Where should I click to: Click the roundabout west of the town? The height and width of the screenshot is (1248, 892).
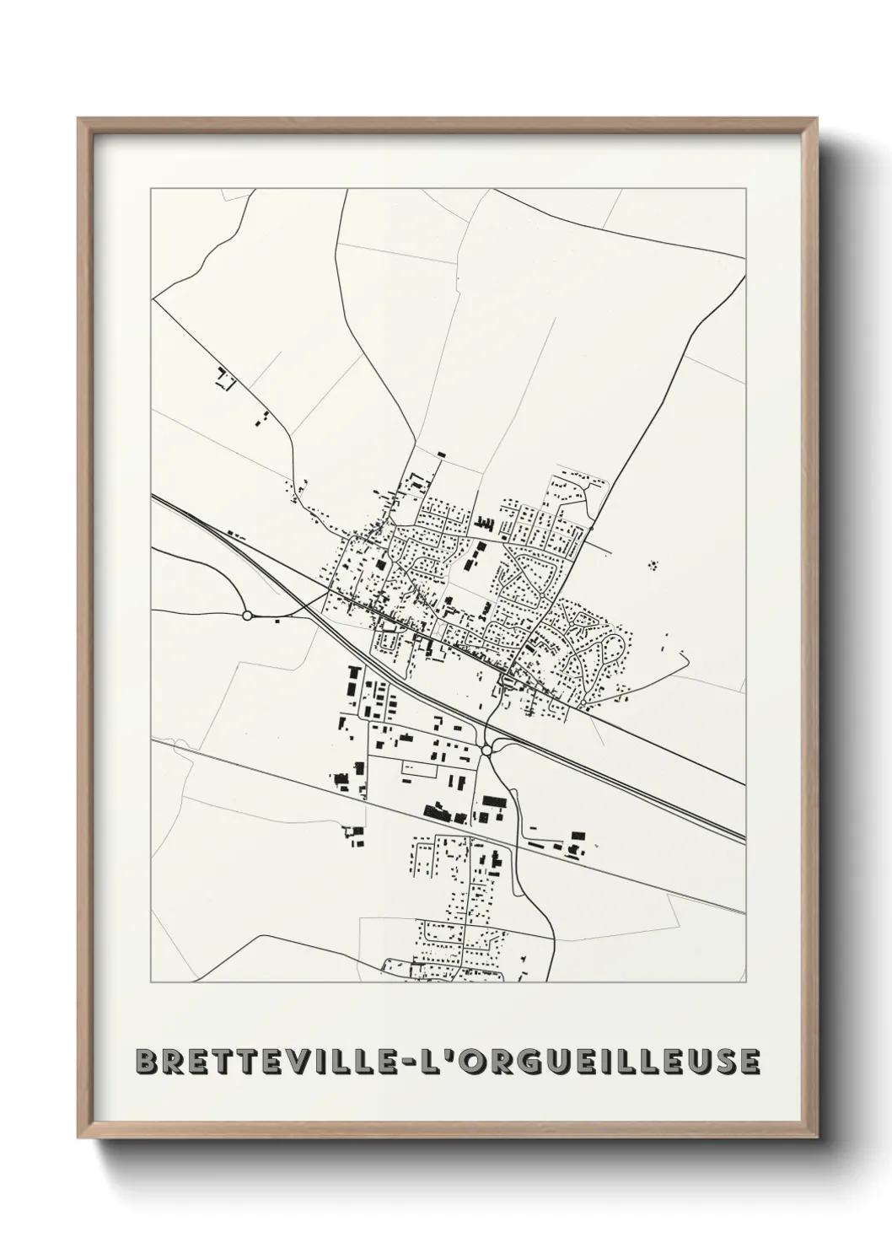coord(247,616)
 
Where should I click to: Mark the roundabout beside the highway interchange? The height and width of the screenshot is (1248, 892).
coord(486,749)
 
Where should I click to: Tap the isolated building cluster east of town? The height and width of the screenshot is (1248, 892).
coord(653,565)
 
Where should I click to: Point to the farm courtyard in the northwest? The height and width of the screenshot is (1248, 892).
coord(225,379)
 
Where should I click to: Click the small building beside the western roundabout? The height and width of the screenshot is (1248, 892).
coord(277,622)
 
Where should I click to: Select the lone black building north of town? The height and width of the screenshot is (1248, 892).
coord(441,455)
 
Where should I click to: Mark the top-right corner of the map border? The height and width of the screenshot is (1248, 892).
coord(745,190)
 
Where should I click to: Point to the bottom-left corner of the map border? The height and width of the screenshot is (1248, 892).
coord(151,982)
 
